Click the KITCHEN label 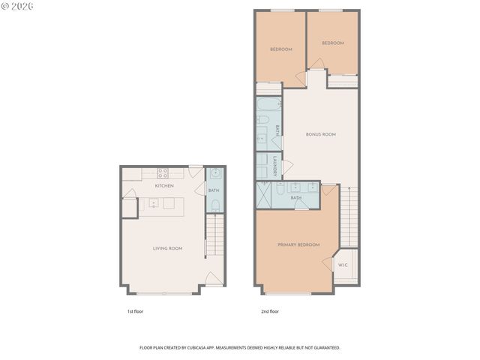[x=164, y=185]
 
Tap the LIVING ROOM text [x=168, y=248]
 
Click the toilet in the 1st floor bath [x=214, y=203]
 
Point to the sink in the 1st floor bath [x=214, y=174]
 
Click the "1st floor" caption [x=135, y=311]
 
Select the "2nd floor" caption [x=270, y=311]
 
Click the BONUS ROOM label [x=320, y=134]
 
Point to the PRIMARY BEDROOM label [x=298, y=244]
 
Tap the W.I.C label [x=343, y=265]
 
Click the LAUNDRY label [x=276, y=166]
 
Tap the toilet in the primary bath [x=279, y=190]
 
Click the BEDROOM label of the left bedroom [x=280, y=49]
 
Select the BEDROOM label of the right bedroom [x=332, y=43]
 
